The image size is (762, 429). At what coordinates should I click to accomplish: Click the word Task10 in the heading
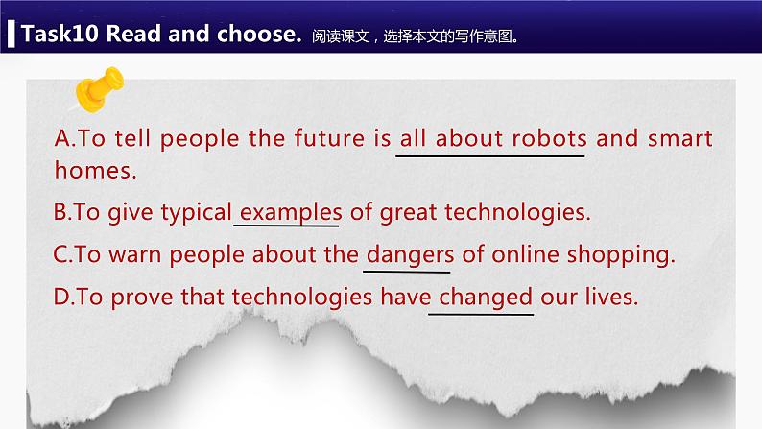(59, 35)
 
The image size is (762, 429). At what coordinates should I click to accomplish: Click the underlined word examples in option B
(290, 211)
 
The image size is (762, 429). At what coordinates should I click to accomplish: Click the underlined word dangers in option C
(409, 256)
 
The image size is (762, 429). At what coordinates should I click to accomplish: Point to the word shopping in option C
(624, 256)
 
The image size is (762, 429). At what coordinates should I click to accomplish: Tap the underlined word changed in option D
(485, 298)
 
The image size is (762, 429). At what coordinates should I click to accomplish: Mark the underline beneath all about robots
(491, 154)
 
